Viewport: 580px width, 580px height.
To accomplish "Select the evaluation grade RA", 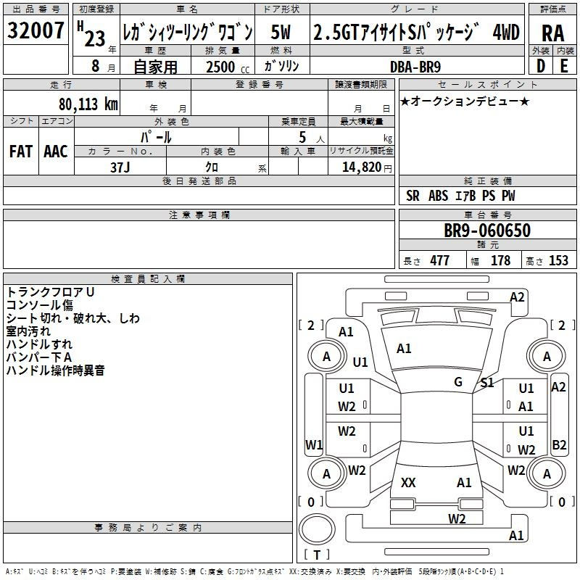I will click(x=552, y=32).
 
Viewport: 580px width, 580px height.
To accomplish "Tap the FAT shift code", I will click(x=21, y=152).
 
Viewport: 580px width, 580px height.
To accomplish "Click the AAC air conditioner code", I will click(x=56, y=152).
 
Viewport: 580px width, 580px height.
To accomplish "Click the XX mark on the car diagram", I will click(x=408, y=483).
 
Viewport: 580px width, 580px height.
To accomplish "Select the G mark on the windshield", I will click(x=458, y=382).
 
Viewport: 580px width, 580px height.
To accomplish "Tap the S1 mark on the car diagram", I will click(x=487, y=383).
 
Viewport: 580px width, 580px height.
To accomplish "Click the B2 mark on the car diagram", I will click(x=559, y=444).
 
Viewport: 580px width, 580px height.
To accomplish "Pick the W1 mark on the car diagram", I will click(x=313, y=444).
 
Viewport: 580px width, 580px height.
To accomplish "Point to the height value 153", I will click(x=558, y=261).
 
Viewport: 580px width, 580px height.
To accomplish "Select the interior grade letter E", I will click(x=563, y=66).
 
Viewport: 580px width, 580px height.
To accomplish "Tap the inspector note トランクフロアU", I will click(x=51, y=291).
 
